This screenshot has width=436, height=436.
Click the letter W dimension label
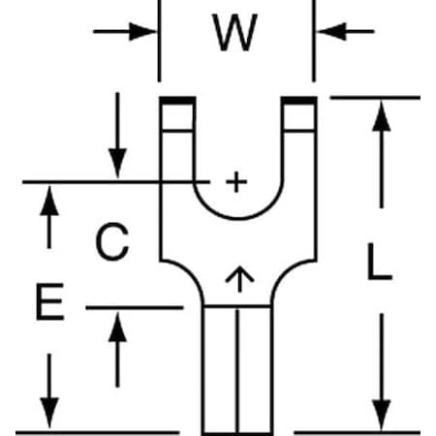234,32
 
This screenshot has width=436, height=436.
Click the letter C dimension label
112,241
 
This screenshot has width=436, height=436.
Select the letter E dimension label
49,301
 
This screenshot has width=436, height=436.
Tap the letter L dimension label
380,262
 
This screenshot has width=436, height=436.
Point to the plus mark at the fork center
236,182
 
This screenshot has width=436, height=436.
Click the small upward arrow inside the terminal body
239,279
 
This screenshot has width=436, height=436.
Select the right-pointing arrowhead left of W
142,32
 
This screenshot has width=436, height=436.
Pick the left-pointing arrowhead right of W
331,32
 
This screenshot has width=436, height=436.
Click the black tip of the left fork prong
178,100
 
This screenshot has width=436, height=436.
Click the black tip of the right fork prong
298,100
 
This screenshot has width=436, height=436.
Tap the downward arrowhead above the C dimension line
117,164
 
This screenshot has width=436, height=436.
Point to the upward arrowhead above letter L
382,116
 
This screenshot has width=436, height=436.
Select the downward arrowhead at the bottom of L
382,415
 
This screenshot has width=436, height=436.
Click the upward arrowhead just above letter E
49,201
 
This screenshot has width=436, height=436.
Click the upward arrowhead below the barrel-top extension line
117,327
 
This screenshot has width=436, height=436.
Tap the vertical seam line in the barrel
238,371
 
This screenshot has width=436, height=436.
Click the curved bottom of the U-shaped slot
238,218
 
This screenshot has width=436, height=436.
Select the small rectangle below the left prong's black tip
178,117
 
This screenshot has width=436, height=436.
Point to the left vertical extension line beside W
159,41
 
